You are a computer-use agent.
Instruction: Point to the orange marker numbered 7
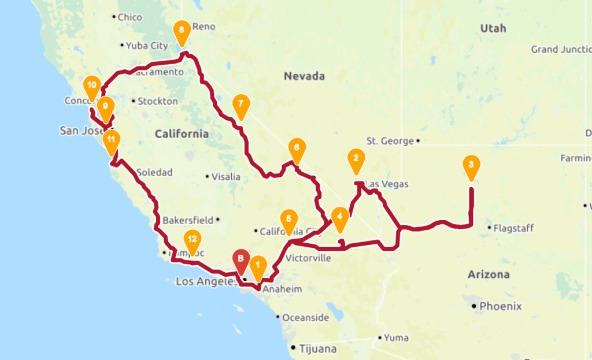[240, 105]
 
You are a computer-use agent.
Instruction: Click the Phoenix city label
[500, 306]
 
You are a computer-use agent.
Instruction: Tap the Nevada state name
[304, 76]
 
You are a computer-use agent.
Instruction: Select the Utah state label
[493, 28]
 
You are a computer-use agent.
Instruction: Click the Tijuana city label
[317, 348]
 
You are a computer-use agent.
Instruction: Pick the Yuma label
[396, 337]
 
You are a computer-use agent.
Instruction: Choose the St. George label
[390, 140]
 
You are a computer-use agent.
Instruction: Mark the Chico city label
[129, 17]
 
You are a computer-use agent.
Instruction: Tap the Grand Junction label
[560, 50]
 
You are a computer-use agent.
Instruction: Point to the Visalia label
[225, 177]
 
